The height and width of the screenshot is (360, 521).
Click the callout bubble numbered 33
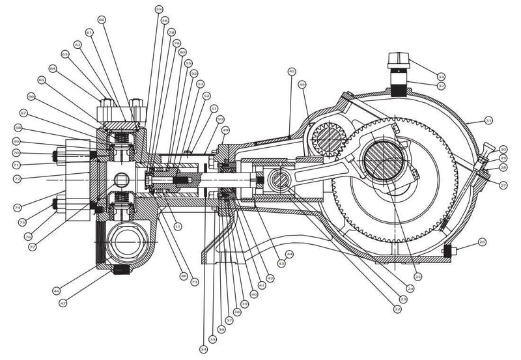441,76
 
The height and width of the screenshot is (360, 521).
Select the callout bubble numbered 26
481,242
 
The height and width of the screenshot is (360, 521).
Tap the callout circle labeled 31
488,120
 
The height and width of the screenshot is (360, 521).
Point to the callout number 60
101,20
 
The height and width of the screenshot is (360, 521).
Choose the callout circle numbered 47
63,303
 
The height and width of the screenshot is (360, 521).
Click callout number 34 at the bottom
204,350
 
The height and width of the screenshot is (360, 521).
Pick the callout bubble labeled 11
177,225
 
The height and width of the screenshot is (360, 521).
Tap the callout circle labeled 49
226,130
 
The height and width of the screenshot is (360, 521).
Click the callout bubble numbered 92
193,74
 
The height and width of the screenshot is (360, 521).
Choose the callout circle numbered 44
289,253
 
